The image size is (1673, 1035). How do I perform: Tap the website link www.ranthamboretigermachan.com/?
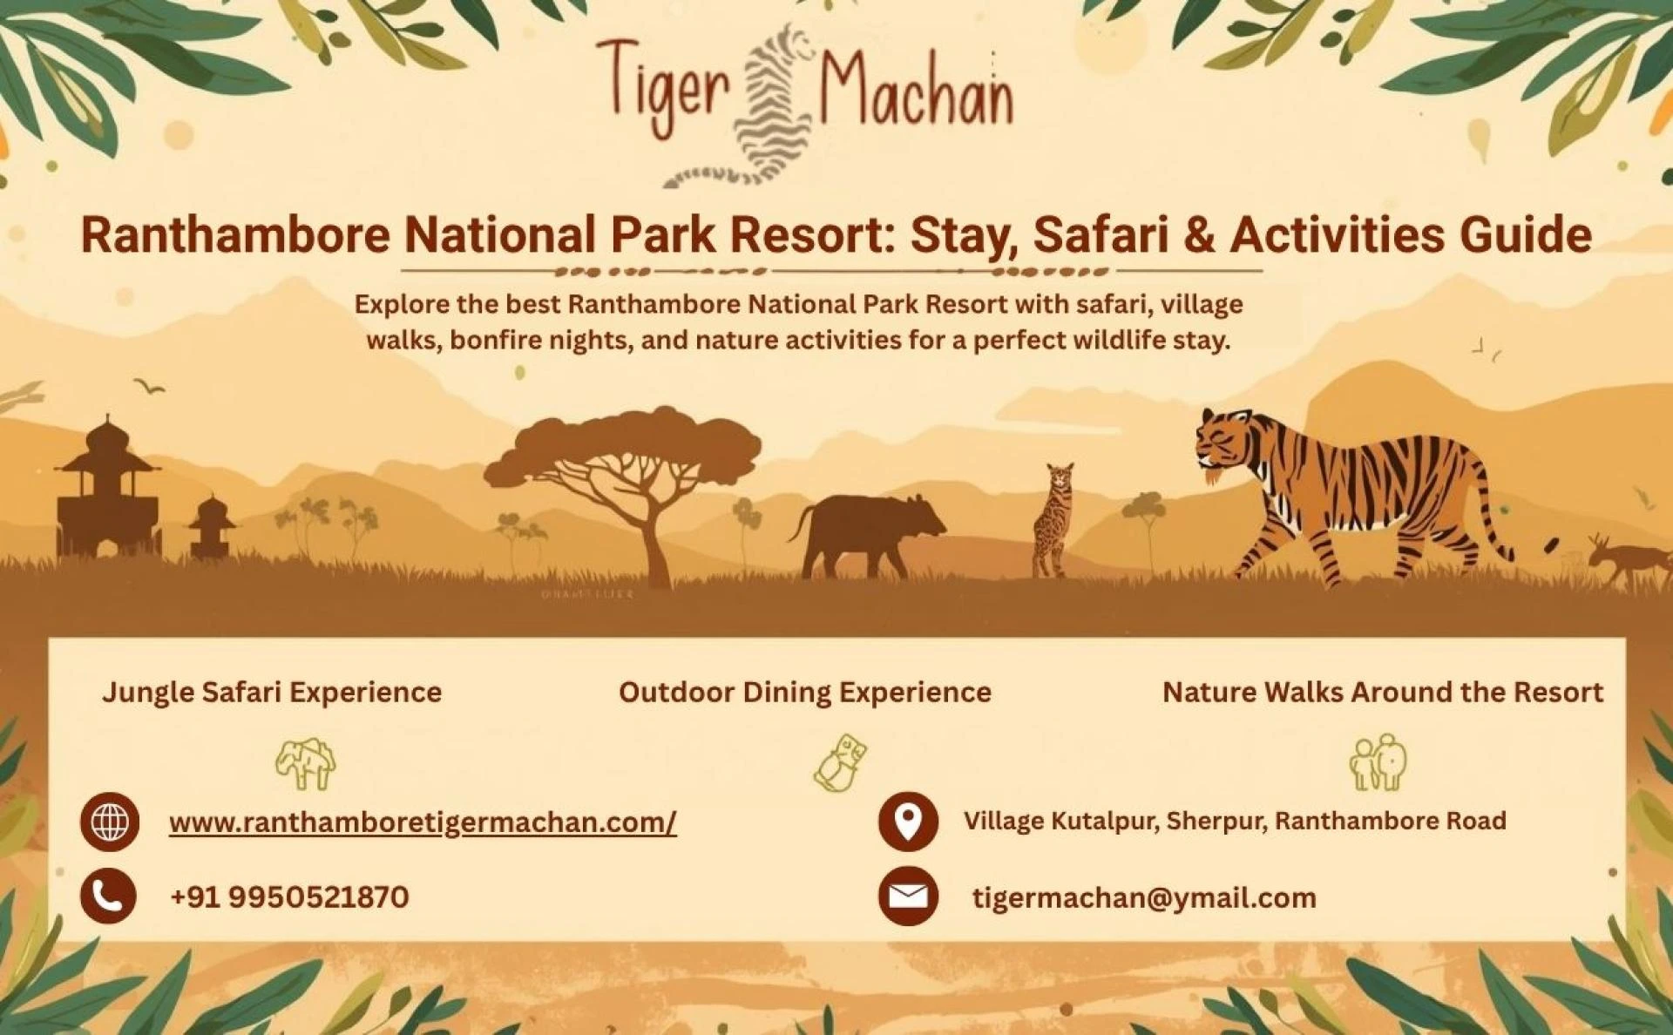tap(423, 822)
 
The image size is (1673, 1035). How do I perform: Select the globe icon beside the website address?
tap(110, 822)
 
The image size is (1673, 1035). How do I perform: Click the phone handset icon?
tap(109, 896)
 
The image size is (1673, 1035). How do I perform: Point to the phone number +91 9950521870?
tap(289, 896)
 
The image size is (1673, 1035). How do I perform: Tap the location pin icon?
tap(908, 822)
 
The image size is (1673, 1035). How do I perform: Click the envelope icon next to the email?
tap(908, 896)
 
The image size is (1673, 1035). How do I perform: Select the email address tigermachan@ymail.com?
tap(1144, 897)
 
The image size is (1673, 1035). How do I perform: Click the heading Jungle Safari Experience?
tap(272, 692)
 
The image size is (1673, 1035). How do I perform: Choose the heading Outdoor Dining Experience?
tap(805, 692)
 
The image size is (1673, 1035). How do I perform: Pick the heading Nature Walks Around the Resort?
tap(1383, 692)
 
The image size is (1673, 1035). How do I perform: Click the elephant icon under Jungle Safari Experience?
tap(306, 763)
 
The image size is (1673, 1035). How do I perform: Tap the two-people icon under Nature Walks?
tap(1378, 762)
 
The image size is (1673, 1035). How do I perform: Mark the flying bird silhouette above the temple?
tap(150, 385)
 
